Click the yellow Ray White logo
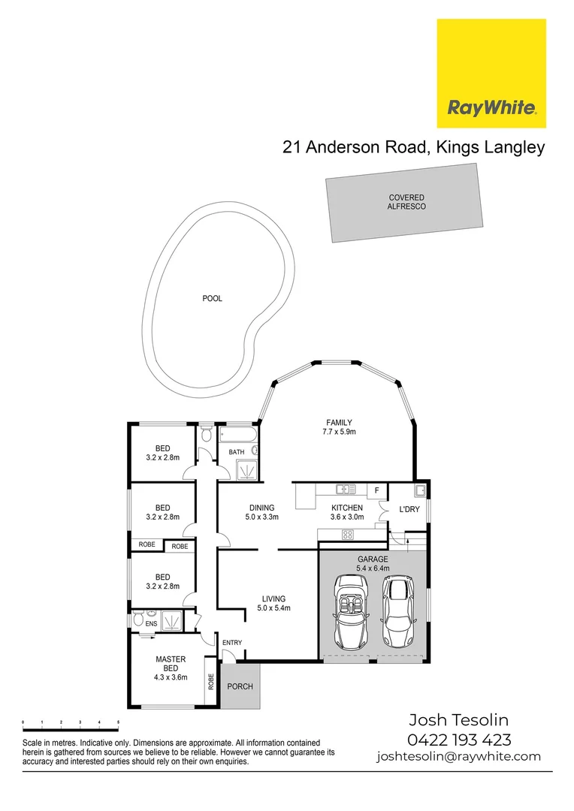click(x=491, y=74)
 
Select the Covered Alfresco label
click(x=406, y=202)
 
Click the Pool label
click(x=213, y=298)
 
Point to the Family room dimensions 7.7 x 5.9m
click(x=339, y=433)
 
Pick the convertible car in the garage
click(x=350, y=611)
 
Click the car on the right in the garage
click(x=398, y=611)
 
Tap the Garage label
click(x=373, y=559)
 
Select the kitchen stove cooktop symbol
click(x=349, y=535)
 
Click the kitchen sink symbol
click(x=346, y=490)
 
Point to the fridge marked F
click(x=376, y=490)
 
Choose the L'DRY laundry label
click(x=409, y=509)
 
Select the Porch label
click(x=240, y=686)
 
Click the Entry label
click(x=232, y=642)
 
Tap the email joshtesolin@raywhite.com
click(x=458, y=756)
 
